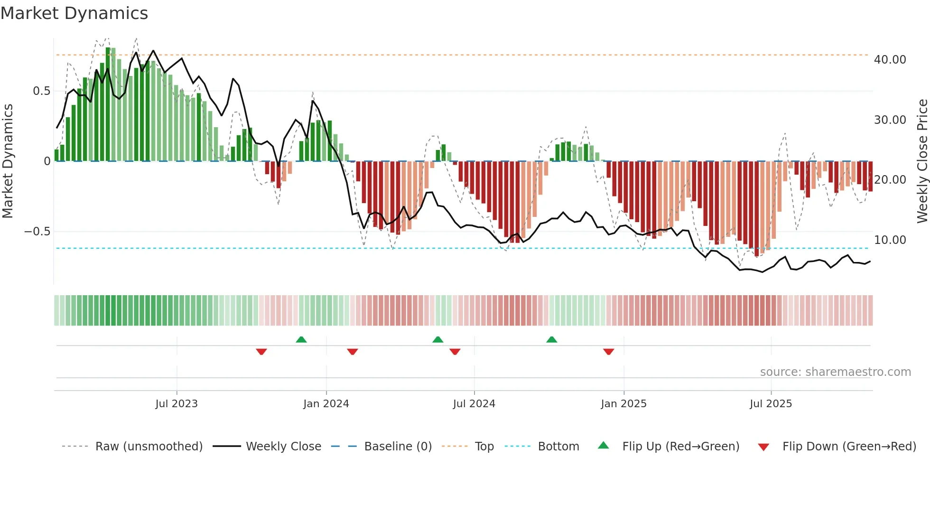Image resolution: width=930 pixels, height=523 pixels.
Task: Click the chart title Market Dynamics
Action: [x=74, y=13]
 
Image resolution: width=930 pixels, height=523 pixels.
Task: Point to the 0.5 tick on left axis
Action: [x=41, y=91]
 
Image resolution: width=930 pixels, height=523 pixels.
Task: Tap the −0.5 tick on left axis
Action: [x=37, y=232]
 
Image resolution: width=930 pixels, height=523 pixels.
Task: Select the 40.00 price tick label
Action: [x=890, y=60]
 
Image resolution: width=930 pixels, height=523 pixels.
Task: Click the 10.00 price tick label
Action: [x=890, y=240]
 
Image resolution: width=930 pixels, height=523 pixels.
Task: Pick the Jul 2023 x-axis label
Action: [x=177, y=404]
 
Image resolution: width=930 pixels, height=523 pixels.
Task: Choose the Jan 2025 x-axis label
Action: [x=623, y=404]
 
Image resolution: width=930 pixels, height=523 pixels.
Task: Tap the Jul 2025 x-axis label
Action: [x=771, y=404]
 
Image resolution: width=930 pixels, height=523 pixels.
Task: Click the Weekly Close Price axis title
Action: [x=922, y=161]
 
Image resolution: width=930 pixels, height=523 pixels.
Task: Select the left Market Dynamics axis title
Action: [x=8, y=161]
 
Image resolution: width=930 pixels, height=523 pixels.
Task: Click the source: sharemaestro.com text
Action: [x=835, y=372]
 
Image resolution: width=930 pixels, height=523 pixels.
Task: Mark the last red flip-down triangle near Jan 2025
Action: [x=609, y=352]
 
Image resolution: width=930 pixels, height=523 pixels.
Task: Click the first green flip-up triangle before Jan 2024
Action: [x=301, y=339]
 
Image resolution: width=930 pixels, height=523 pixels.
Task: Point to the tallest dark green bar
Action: [x=108, y=104]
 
